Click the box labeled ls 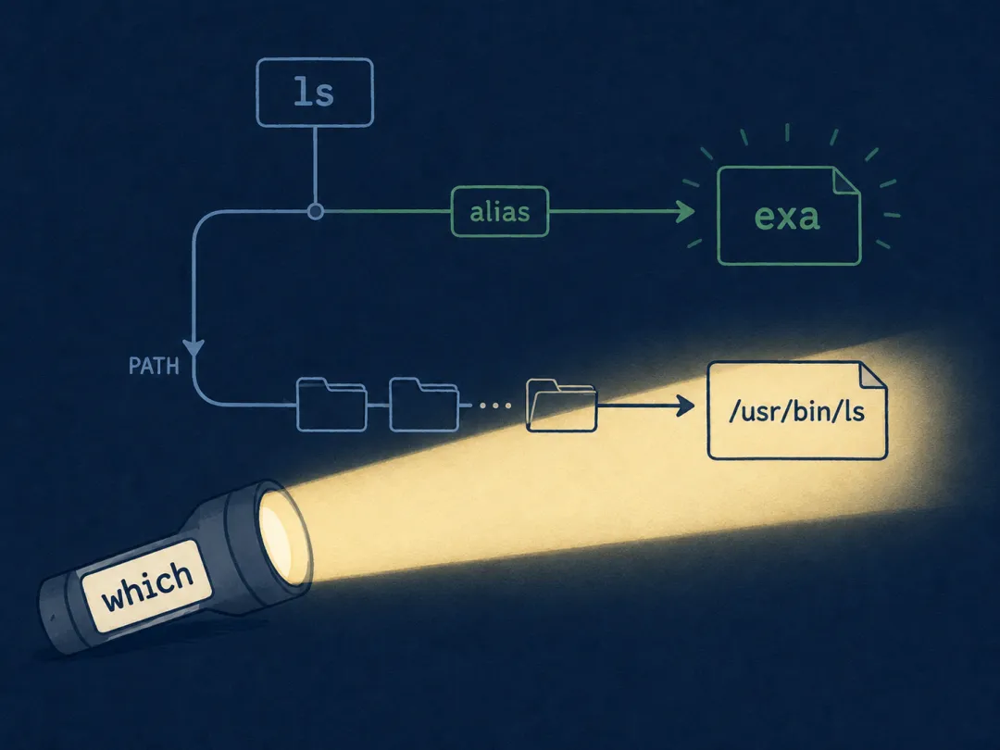point(315,93)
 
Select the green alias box point(500,212)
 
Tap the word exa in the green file point(786,216)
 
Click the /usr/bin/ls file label point(796,411)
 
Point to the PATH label point(154,366)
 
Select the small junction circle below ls point(315,212)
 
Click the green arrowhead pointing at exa point(685,211)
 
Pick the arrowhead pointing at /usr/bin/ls point(685,406)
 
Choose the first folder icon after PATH point(331,405)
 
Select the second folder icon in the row point(424,405)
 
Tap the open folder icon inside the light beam point(561,406)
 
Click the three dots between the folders point(494,405)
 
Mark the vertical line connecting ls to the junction point(315,166)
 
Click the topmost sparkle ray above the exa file point(788,132)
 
